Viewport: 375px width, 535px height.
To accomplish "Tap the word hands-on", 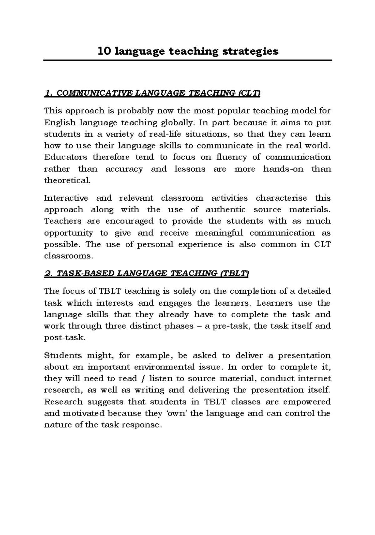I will click(x=283, y=169).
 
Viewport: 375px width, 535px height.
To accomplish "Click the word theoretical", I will click(x=67, y=180).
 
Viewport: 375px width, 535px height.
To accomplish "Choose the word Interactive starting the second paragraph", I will click(x=66, y=198).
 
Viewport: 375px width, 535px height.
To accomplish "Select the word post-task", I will click(x=64, y=337).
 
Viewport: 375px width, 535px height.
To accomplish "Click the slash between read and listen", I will click(x=143, y=379).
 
